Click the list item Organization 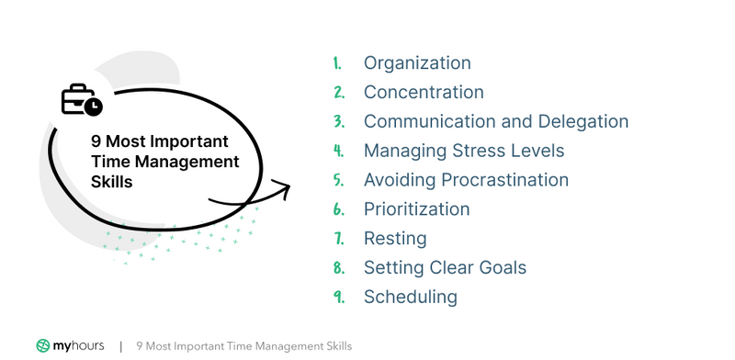417,63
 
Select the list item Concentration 424,93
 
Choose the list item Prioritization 416,209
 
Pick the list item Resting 395,239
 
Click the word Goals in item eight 502,268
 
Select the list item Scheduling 410,297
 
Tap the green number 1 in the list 337,64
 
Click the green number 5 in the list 338,181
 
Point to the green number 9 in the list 338,298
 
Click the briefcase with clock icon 81,100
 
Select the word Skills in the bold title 111,182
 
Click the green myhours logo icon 43,346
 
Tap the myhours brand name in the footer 79,346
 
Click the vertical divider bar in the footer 120,347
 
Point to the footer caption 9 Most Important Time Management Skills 243,346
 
